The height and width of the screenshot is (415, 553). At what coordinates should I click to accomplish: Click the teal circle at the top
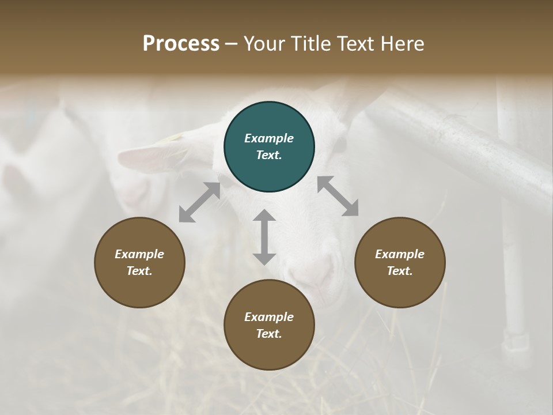click(x=269, y=147)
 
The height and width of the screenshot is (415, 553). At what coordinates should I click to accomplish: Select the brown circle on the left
click(x=139, y=262)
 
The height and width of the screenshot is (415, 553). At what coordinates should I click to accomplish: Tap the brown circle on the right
click(x=400, y=262)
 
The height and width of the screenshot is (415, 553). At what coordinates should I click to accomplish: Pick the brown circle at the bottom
click(x=269, y=325)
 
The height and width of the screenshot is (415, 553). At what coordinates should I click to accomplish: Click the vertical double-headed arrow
click(x=264, y=237)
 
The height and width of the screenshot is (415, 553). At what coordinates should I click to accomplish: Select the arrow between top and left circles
click(x=199, y=202)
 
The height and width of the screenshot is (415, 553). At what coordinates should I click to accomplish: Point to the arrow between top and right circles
click(x=338, y=196)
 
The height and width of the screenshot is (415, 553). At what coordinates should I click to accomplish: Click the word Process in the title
click(x=181, y=44)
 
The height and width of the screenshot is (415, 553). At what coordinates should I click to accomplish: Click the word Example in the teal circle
click(x=269, y=138)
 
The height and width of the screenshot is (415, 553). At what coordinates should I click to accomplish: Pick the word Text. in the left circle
click(x=139, y=271)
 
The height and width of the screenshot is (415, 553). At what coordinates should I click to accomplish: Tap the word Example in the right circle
click(x=400, y=254)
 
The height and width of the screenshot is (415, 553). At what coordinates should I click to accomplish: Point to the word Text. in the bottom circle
click(x=269, y=334)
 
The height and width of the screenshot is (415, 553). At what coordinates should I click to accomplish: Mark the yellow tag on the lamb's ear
click(x=173, y=138)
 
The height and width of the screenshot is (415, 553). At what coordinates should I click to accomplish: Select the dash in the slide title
click(x=232, y=44)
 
